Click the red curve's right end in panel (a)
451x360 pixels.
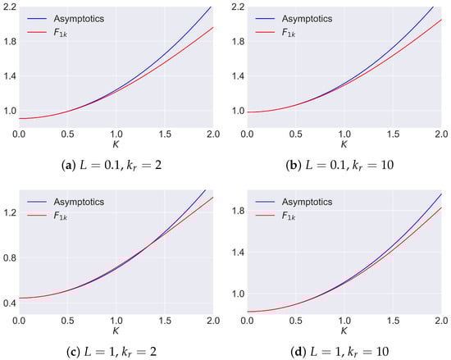(x=212, y=27)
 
